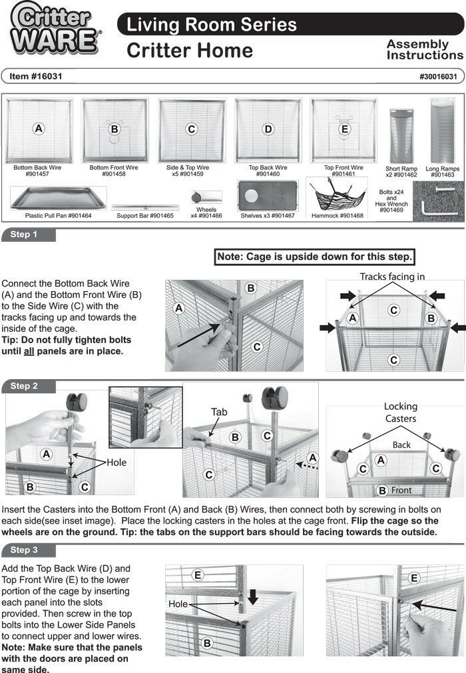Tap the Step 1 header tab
[x=28, y=235]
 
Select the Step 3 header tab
[x=28, y=550]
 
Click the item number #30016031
[x=438, y=77]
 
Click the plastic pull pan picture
[x=58, y=199]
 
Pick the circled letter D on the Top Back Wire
[x=268, y=129]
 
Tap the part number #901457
[x=37, y=174]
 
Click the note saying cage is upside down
[x=316, y=257]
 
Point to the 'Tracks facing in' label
[x=392, y=277]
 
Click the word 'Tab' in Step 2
[x=220, y=412]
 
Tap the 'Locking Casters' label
[x=400, y=411]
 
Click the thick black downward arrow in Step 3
[x=252, y=597]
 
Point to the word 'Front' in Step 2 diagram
[x=401, y=490]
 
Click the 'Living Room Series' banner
[x=212, y=25]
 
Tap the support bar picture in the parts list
[x=144, y=207]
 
